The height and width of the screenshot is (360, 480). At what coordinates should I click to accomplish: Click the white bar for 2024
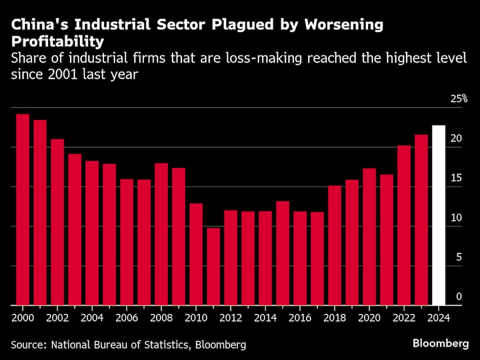tap(439, 215)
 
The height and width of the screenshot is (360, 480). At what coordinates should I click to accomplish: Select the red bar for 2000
tap(23, 209)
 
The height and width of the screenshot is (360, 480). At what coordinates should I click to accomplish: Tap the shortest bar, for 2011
tap(213, 266)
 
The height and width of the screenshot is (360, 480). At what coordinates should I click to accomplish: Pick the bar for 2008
tap(161, 234)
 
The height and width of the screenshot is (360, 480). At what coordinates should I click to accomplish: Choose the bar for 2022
tap(404, 225)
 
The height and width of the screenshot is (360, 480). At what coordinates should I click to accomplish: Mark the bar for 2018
tap(335, 245)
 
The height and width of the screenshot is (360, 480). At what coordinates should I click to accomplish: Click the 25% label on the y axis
tap(459, 99)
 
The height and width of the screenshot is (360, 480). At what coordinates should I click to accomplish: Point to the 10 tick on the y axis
tap(456, 217)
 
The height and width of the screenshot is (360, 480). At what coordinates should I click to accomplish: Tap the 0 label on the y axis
tap(458, 297)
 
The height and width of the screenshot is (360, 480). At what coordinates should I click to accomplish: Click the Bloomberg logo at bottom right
tap(440, 344)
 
